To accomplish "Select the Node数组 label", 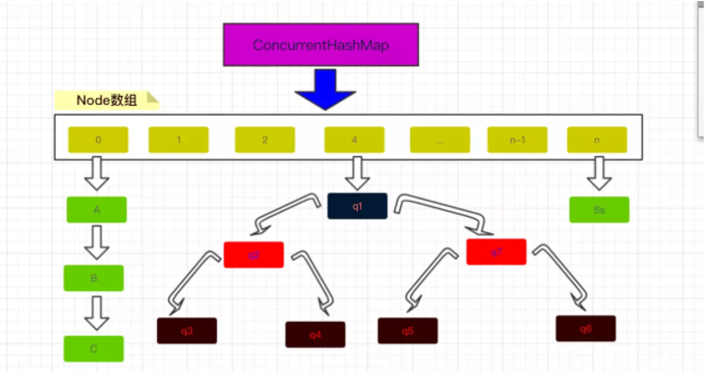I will (x=106, y=101).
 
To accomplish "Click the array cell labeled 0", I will (x=98, y=140).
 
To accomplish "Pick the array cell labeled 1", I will (x=179, y=140).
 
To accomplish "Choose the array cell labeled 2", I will (x=265, y=140).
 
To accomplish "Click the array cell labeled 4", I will (x=355, y=140).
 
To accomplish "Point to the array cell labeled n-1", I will (x=517, y=140).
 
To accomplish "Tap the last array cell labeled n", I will (x=598, y=140).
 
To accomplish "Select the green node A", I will (x=96, y=209).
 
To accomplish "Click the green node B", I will (x=93, y=278).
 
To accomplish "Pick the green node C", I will (x=93, y=349).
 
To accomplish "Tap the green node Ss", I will (x=600, y=209).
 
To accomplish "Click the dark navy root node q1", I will (x=357, y=206).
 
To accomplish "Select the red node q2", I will (x=254, y=255).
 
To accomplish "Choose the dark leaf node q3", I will (x=187, y=331).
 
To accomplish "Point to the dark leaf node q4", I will (x=316, y=334).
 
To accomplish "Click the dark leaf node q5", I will (x=407, y=331).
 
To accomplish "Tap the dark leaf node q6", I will (x=585, y=328).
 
